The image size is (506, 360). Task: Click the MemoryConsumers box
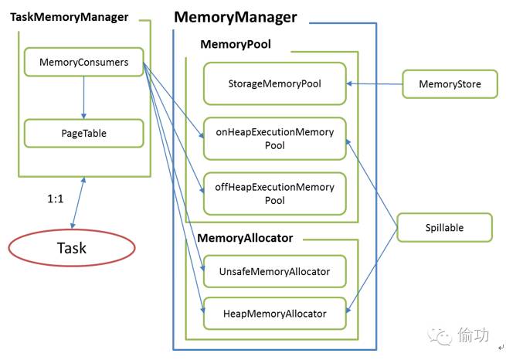click(84, 63)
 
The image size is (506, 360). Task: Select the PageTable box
click(84, 133)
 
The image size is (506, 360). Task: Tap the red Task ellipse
click(71, 248)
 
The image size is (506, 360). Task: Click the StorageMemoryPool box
click(274, 83)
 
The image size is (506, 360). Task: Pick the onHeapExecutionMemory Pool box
click(274, 138)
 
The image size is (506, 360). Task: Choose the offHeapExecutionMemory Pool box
click(274, 194)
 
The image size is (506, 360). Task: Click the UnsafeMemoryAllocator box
click(274, 271)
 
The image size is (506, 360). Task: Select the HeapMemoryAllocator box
click(274, 314)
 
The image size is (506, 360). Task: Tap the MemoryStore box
click(448, 83)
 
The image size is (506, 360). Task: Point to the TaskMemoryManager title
click(69, 17)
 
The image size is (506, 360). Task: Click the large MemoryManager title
click(235, 17)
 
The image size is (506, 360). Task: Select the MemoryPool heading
click(235, 45)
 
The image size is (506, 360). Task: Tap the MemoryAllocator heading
click(245, 238)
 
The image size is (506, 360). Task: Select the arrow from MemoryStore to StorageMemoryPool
click(374, 83)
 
